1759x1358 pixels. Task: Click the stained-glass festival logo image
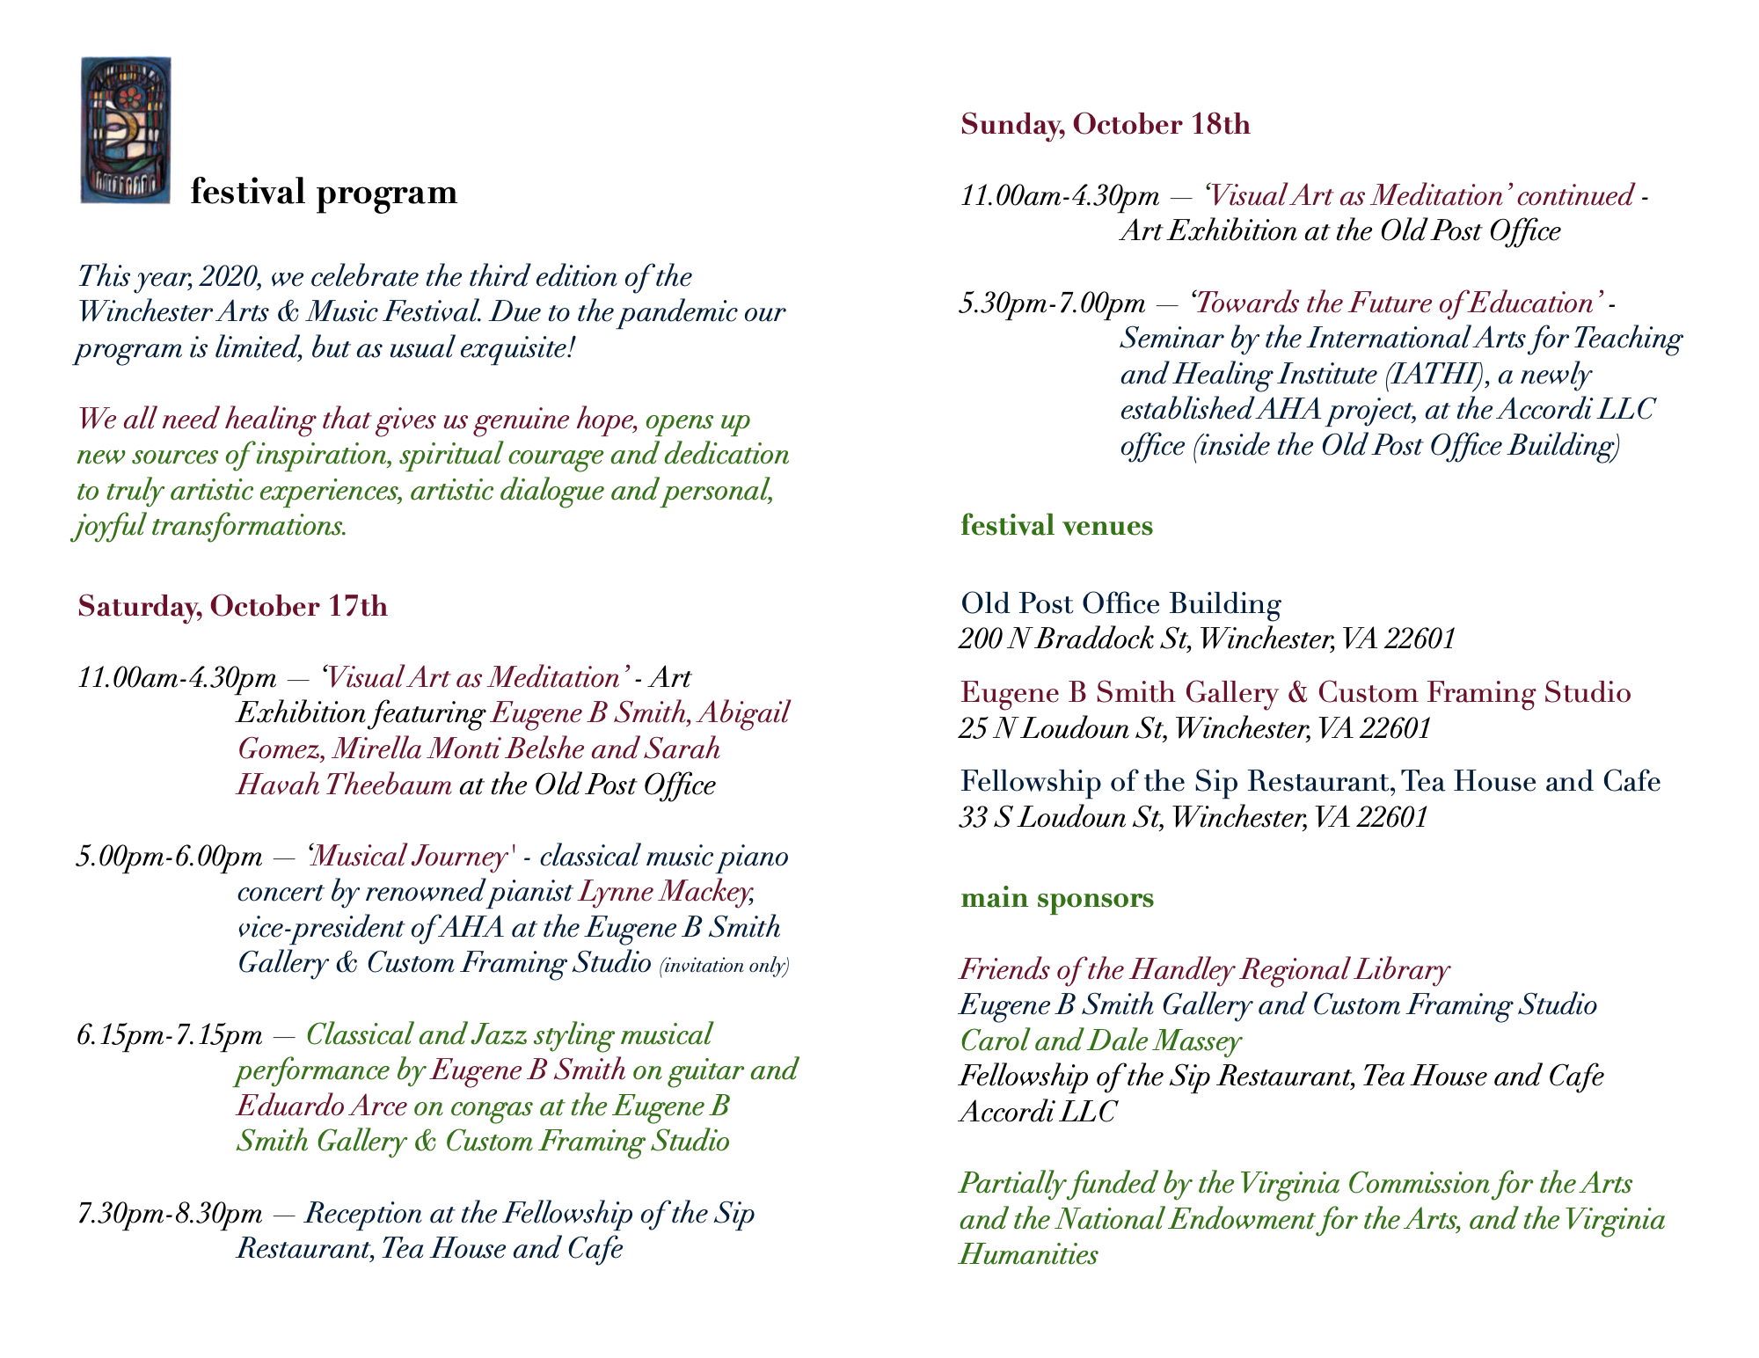126,130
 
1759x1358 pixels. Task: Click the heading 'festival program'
324,192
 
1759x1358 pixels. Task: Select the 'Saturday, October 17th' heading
232,607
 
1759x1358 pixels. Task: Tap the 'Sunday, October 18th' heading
1105,125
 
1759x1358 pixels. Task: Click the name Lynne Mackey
664,892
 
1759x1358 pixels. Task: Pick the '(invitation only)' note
724,966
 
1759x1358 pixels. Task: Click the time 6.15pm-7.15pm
170,1035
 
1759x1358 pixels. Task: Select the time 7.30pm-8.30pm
170,1214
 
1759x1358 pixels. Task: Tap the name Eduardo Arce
322,1106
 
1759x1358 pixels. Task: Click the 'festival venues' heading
1056,526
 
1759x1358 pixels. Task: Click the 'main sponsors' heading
1057,898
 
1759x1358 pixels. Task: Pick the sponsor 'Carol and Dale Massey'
1100,1041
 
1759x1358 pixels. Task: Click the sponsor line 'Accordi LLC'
1038,1113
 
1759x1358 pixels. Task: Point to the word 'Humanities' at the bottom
1028,1255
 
